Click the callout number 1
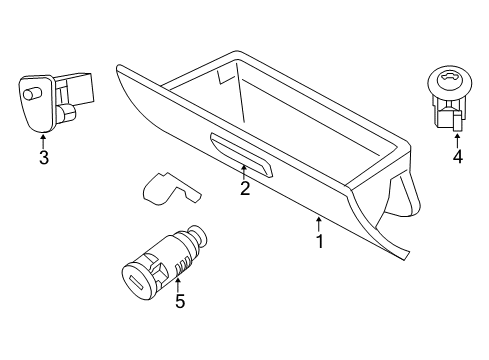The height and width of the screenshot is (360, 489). tap(319, 241)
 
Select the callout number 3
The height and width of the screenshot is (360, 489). tap(43, 157)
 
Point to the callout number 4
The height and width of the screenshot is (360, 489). tap(457, 156)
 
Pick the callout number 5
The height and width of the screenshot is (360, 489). tap(180, 300)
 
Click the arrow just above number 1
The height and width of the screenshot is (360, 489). tap(319, 222)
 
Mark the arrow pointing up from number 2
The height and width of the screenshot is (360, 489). tap(244, 172)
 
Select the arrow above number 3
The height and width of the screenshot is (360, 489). tap(43, 140)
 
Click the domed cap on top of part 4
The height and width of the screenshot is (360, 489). tap(446, 80)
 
